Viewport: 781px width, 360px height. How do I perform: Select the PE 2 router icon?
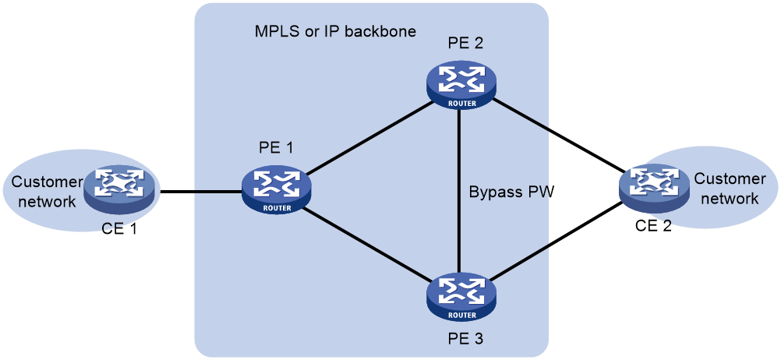(461, 87)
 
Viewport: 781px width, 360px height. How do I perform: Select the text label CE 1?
(118, 230)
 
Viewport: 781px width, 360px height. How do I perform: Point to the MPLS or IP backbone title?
(335, 31)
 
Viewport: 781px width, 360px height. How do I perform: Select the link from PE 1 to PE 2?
(369, 139)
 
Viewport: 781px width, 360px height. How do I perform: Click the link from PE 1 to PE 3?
(369, 245)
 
